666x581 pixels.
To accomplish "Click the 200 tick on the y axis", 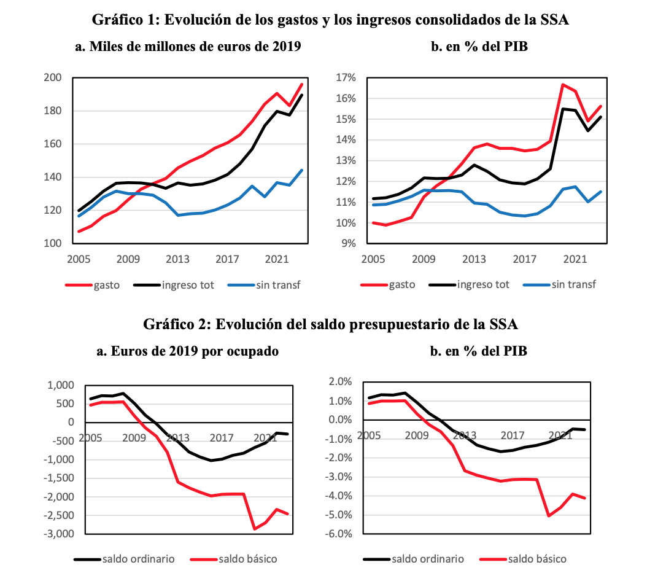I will [53, 78].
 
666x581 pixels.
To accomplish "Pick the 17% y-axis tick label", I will [346, 78].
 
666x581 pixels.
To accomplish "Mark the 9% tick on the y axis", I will [348, 243].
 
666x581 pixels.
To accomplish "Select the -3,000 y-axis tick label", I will [57, 534].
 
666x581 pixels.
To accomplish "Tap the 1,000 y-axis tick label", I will [60, 385].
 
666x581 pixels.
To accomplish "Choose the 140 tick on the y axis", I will [53, 177].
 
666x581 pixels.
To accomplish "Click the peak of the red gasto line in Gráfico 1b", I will [563, 85].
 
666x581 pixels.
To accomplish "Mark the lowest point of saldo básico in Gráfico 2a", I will [254, 529].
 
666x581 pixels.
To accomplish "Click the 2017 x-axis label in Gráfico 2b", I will [513, 435].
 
